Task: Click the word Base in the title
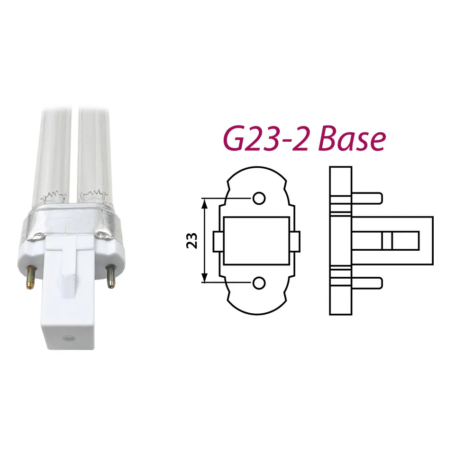(352, 138)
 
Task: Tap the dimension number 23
(192, 241)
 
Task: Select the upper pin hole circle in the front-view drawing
(259, 199)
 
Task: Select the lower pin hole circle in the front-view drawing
(259, 283)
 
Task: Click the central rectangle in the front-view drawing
(256, 241)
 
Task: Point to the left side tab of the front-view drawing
(218, 241)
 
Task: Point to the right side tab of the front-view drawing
(295, 241)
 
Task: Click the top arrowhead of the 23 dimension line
(205, 204)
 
